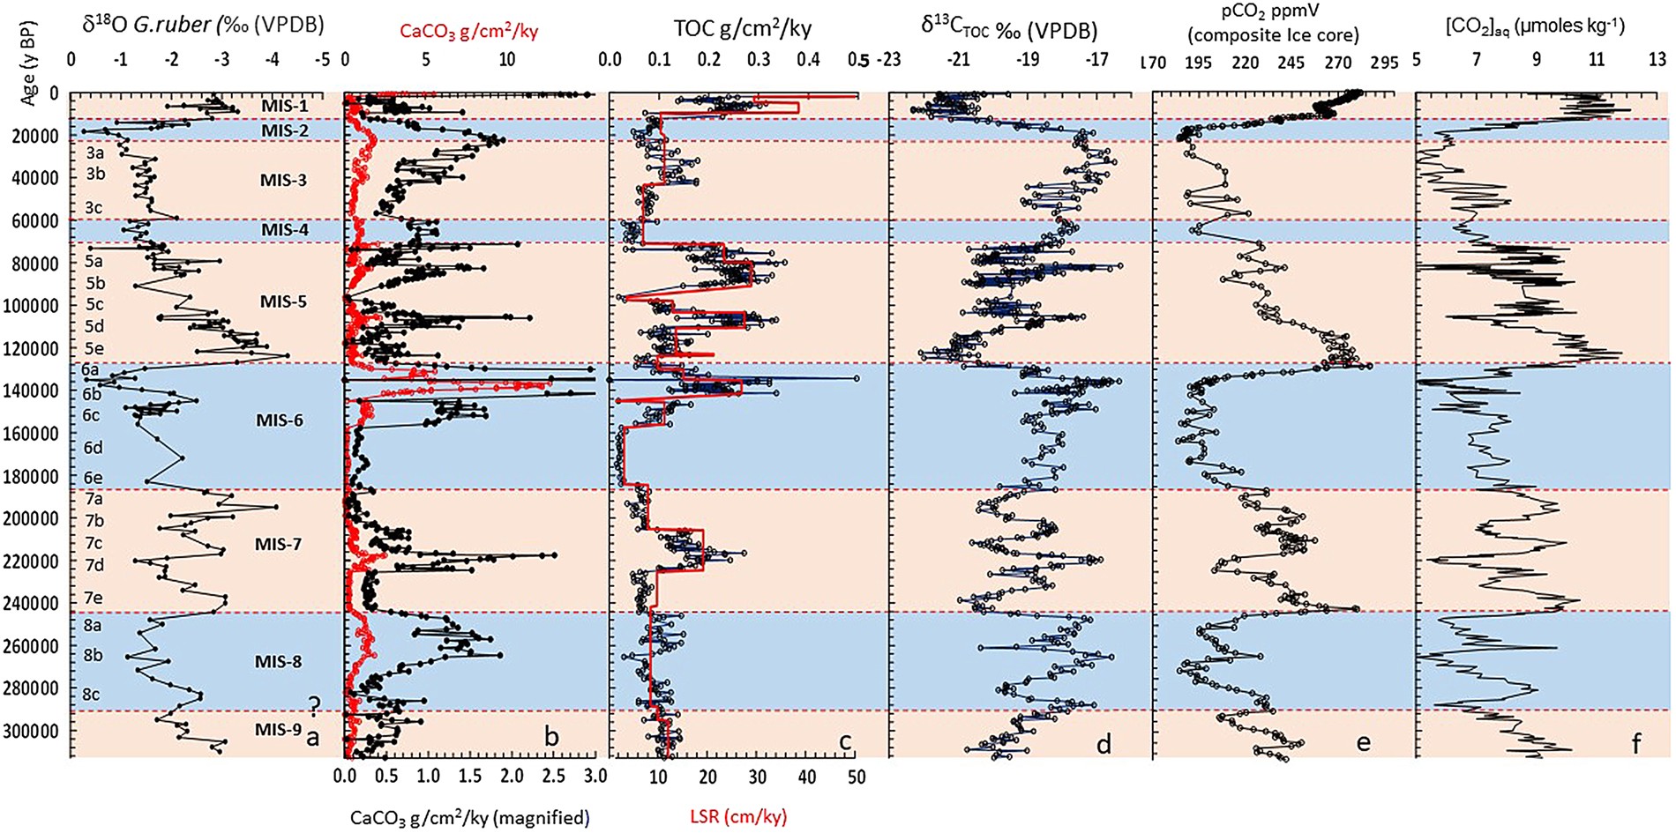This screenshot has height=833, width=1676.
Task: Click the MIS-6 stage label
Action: (279, 420)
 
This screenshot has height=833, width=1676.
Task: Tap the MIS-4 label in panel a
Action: (284, 230)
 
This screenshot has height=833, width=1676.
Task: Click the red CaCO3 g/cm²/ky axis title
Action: (468, 32)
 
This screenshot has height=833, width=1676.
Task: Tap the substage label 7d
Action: (94, 564)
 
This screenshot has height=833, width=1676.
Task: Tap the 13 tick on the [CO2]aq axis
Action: (1657, 60)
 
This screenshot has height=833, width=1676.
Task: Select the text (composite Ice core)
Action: (1273, 36)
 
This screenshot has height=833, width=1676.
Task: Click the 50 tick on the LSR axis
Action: (856, 777)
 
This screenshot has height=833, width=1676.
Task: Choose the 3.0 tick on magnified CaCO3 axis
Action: (595, 777)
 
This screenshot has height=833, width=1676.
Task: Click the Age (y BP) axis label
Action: (28, 82)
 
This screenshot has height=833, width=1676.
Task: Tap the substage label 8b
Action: (92, 655)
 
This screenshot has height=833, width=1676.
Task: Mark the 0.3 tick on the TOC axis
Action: (758, 60)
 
